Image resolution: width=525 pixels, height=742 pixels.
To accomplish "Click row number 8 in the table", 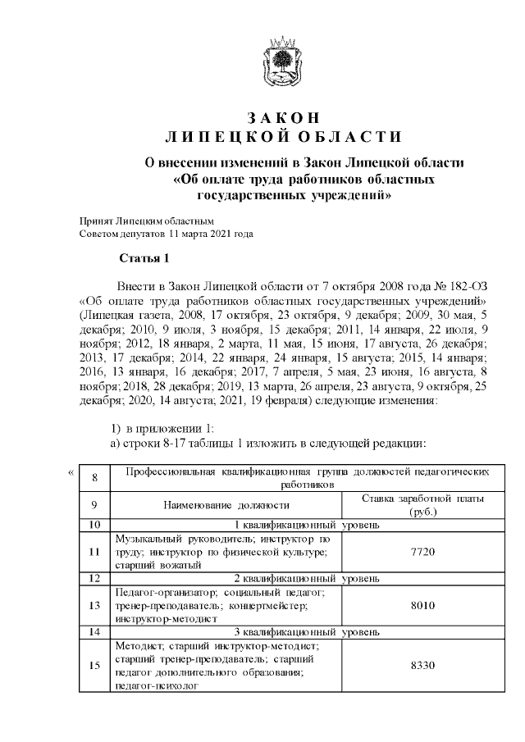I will (94, 478).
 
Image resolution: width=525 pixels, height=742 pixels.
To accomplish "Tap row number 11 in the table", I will (94, 552).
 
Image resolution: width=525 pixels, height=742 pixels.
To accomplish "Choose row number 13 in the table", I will (94, 605).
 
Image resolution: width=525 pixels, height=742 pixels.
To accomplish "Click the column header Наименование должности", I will (226, 506).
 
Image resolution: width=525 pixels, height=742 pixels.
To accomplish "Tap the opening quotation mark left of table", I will (70, 471).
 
